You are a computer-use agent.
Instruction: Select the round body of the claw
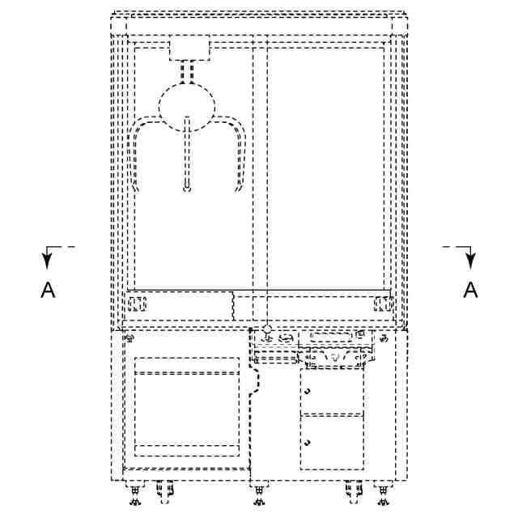(187, 105)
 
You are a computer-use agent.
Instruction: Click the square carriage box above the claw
(189, 49)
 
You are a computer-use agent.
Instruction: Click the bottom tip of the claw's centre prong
(187, 190)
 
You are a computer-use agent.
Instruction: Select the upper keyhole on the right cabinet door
(308, 392)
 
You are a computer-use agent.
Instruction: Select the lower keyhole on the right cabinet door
(308, 443)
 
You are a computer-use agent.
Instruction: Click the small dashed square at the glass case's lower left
(135, 305)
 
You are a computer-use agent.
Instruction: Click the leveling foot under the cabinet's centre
(258, 491)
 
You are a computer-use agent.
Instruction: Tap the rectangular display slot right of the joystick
(327, 336)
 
